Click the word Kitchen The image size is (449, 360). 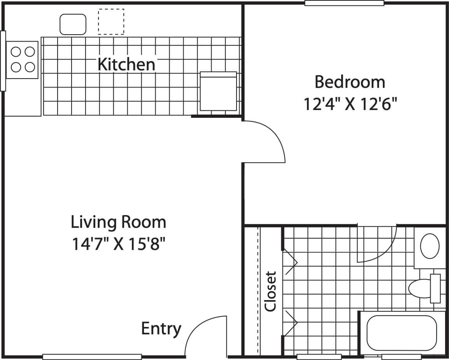tap(126, 64)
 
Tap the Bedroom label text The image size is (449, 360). tap(349, 82)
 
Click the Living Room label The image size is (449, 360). tap(118, 222)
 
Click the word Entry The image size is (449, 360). tap(161, 329)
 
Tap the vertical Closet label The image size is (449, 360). tap(270, 291)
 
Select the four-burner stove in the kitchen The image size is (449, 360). tap(23, 59)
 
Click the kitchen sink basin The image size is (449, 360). tap(73, 24)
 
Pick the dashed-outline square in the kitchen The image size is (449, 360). tap(111, 22)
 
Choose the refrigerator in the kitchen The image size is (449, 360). tap(218, 92)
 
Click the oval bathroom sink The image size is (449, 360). tap(430, 246)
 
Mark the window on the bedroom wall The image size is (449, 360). tap(344, 3)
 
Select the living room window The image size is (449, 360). tap(92, 357)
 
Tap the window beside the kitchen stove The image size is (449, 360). tap(3, 61)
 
